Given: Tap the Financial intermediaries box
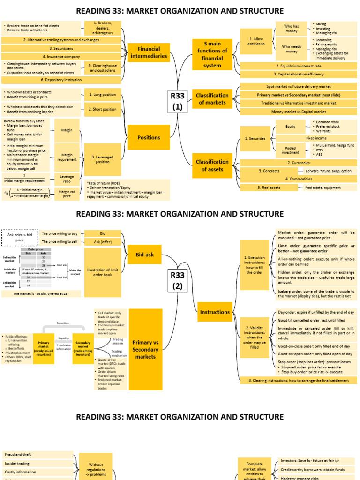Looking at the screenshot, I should point(149,52).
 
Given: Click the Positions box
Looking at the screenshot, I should point(149,138).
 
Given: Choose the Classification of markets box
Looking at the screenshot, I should point(212,99).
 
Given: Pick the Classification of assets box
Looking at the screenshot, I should point(212,165).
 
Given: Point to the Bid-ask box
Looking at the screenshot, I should point(145,255).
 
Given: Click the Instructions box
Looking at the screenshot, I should point(215,312).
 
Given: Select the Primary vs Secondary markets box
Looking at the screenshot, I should point(145,349).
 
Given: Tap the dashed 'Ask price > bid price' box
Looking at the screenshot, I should point(20,237).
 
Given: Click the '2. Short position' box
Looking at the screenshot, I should point(103,109).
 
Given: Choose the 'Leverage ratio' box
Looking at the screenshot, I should point(67,180).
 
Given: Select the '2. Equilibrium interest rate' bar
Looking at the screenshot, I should point(299,66).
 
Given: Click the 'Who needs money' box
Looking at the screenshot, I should point(292,49).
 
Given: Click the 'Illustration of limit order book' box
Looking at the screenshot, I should point(103,272).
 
